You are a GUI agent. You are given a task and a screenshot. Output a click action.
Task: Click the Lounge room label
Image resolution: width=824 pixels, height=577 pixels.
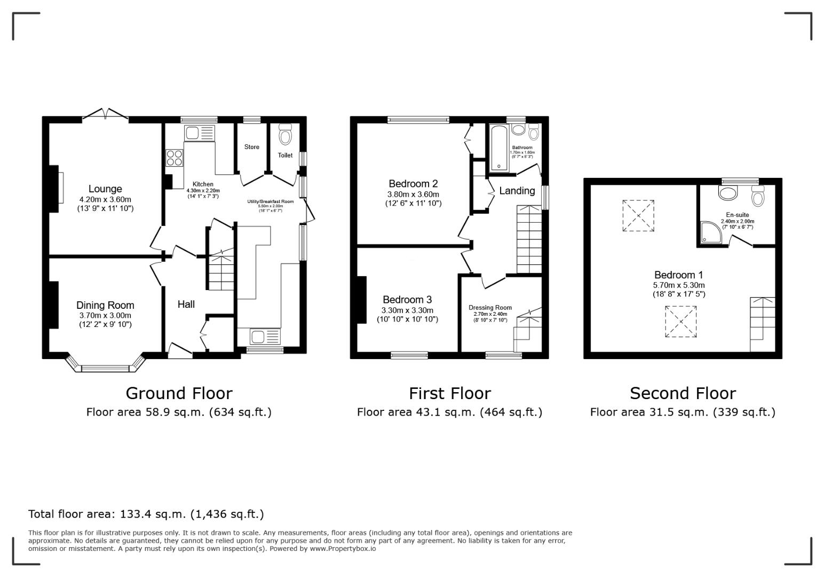point(105,189)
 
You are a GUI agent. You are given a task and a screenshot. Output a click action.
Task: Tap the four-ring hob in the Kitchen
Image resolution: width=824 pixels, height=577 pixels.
point(175,158)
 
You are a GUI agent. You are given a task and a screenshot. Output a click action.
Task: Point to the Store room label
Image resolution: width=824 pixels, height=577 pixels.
point(252,147)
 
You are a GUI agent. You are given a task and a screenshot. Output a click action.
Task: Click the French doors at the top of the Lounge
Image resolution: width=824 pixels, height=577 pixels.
point(105,114)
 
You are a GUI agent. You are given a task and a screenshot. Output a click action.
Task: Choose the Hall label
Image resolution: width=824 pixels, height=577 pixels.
point(186,304)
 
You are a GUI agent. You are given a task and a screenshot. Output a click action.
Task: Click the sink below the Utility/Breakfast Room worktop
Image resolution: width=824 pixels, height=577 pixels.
point(265,337)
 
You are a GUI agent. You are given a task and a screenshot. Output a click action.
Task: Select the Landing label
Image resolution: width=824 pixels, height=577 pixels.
point(517,191)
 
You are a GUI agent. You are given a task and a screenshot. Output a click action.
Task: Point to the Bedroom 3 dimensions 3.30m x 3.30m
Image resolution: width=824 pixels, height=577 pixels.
point(407,310)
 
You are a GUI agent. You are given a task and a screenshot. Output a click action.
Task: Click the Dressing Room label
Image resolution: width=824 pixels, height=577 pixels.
point(490,308)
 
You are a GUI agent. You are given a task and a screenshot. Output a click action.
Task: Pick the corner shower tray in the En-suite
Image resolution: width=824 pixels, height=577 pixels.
point(710,233)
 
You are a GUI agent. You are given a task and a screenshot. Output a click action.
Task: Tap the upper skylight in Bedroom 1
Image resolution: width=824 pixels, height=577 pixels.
point(638,216)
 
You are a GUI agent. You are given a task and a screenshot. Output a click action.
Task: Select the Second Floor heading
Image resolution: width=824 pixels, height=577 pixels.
point(683,393)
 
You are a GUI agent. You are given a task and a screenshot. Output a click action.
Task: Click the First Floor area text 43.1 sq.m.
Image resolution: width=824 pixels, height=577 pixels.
point(449,412)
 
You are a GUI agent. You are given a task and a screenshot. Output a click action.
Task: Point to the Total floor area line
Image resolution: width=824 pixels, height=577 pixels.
point(146,514)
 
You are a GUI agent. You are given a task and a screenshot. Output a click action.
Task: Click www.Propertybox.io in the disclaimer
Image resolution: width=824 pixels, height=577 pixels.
point(343,549)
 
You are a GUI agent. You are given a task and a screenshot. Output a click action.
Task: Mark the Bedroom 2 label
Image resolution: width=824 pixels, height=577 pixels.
point(413,183)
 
